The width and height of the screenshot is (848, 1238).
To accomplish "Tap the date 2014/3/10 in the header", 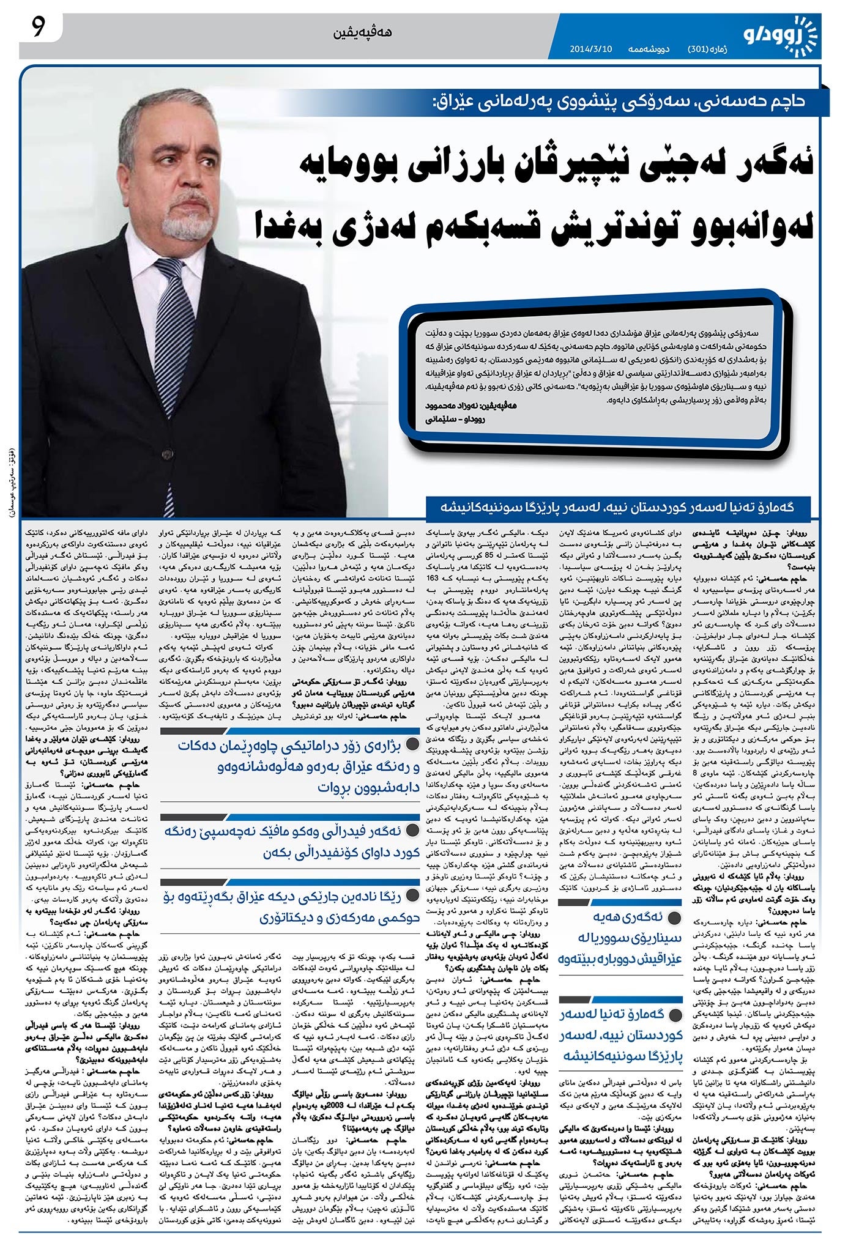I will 590,48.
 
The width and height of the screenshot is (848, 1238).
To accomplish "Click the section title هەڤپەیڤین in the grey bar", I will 363,32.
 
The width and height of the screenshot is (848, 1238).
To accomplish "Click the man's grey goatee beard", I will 187,223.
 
